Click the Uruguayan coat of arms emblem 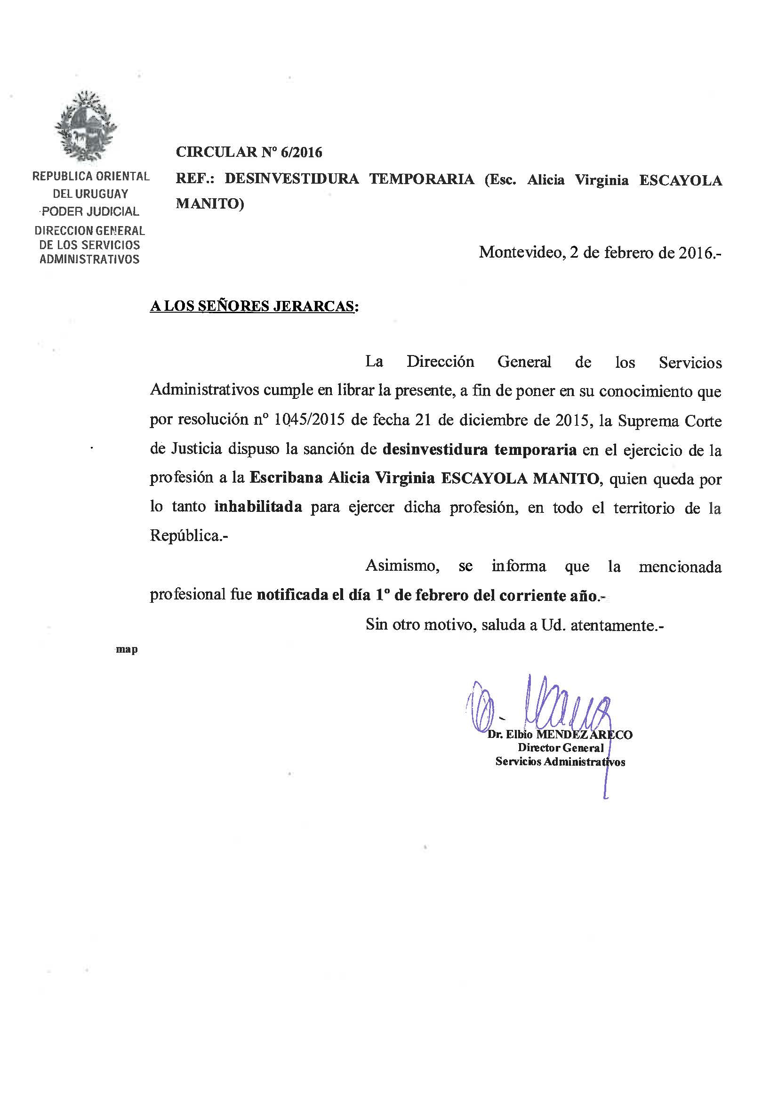pos(86,126)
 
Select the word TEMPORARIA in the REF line pos(421,179)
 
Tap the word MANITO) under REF pos(209,204)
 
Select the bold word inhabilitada pos(258,507)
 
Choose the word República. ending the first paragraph pos(188,535)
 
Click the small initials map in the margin pos(127,650)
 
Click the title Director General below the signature pos(560,748)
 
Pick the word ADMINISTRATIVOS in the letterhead pos(89,259)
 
